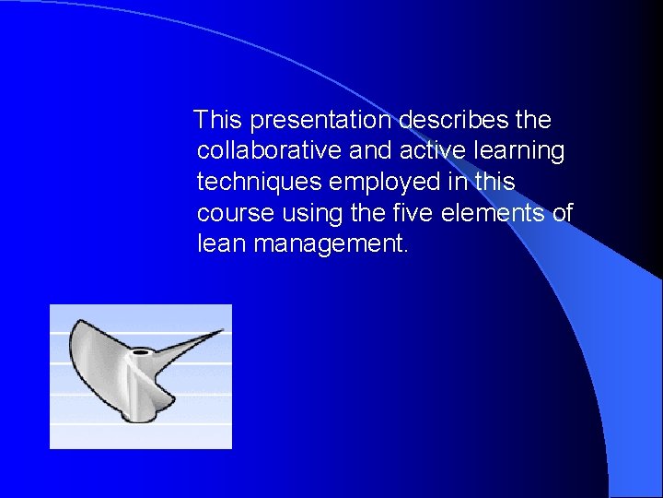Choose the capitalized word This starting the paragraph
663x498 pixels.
pyautogui.click(x=220, y=121)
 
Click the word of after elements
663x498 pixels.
pyautogui.click(x=562, y=214)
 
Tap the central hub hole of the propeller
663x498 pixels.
pyautogui.click(x=141, y=352)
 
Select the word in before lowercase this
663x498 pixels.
pyautogui.click(x=459, y=183)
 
